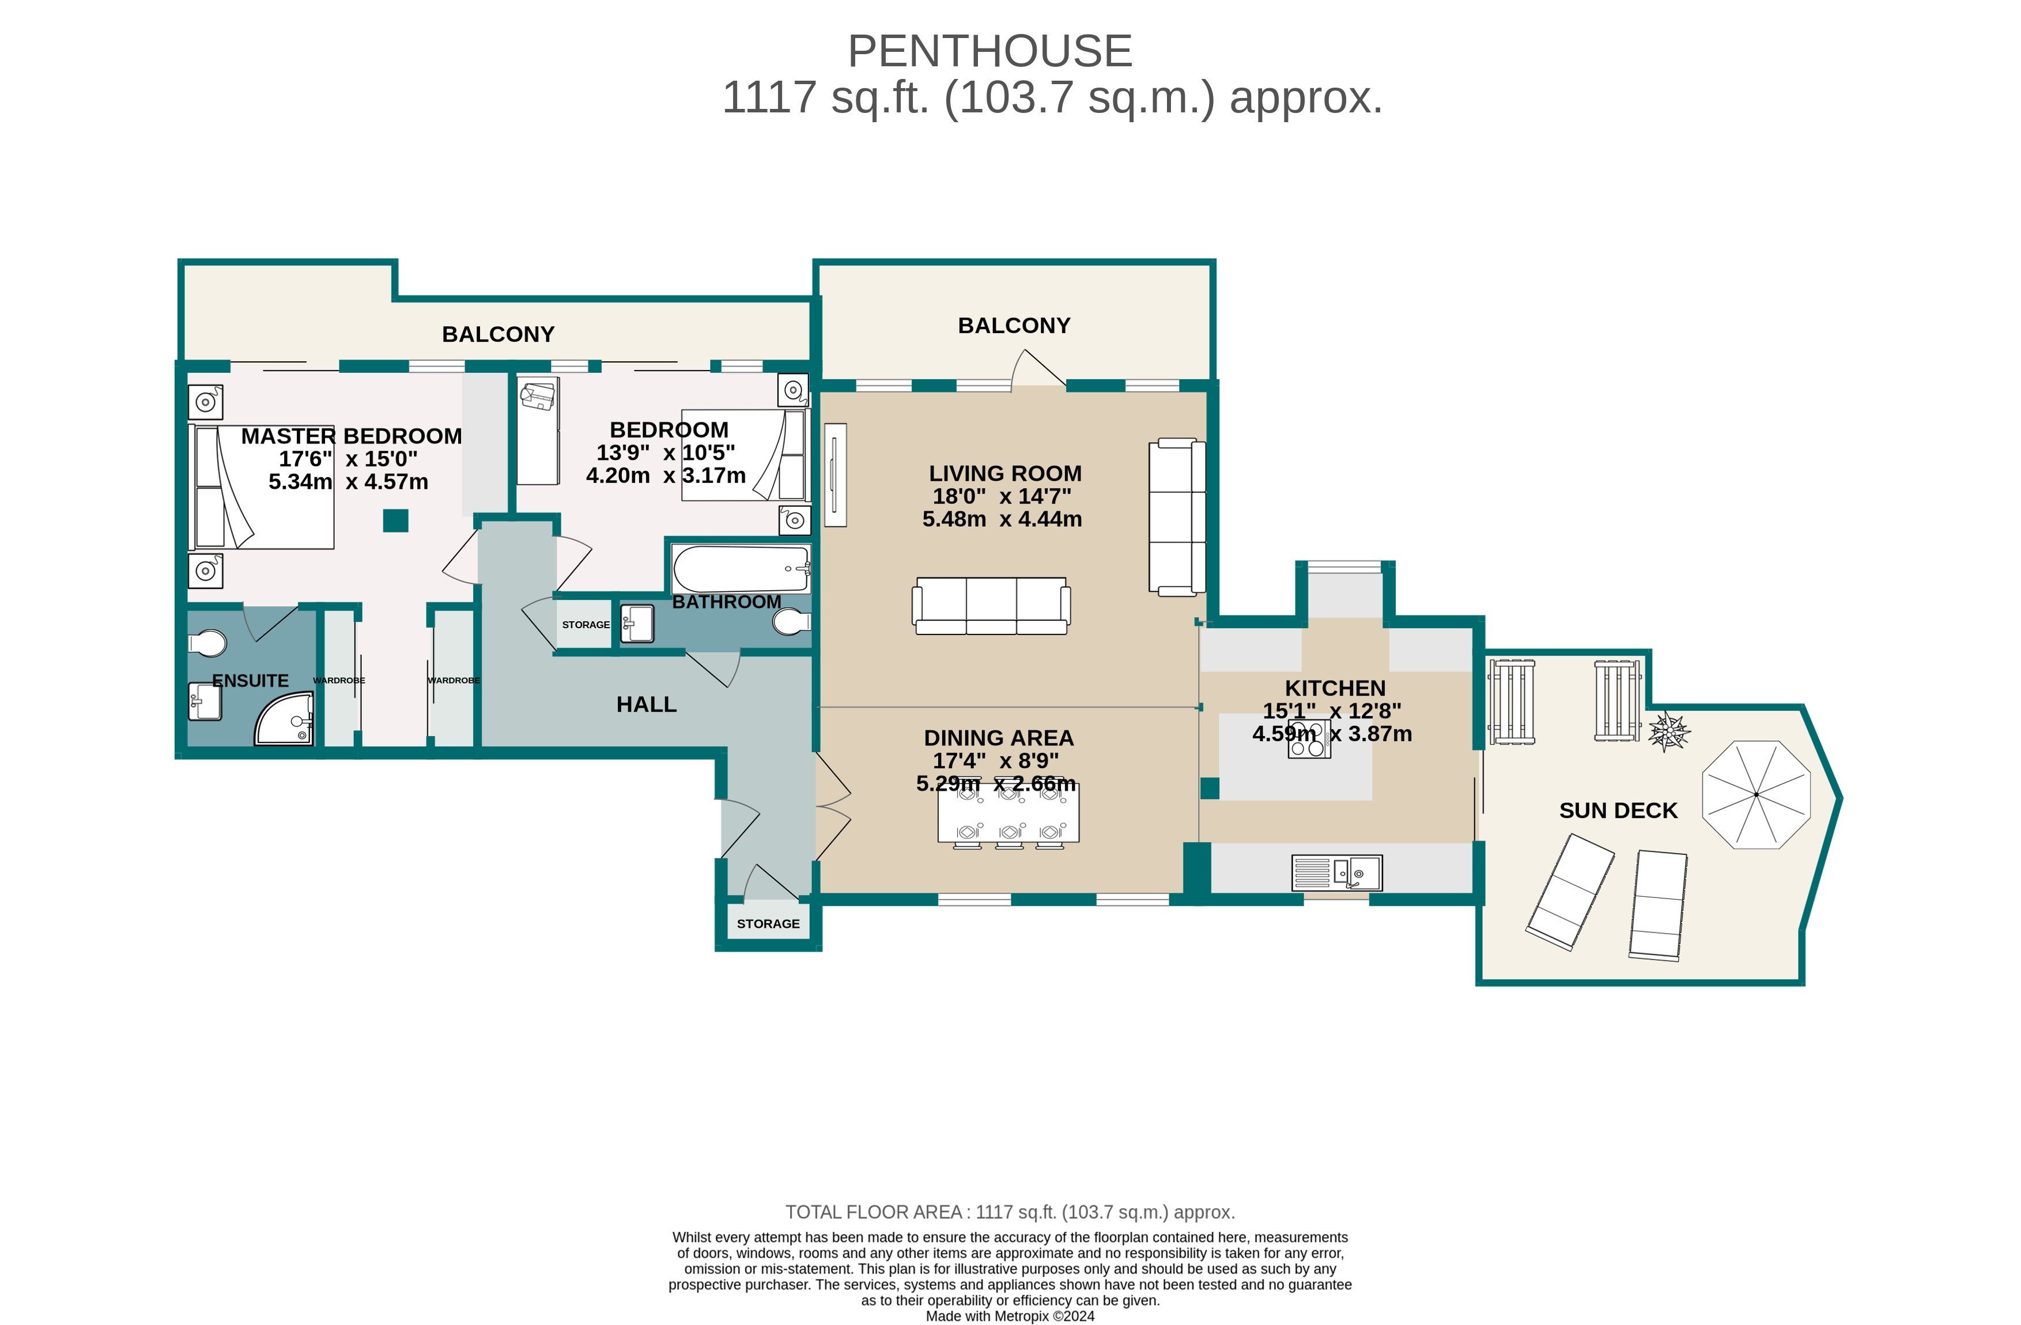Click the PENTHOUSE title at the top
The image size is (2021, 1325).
pos(989,51)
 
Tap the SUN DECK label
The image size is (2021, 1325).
pos(1618,810)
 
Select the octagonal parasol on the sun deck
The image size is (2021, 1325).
pos(1756,794)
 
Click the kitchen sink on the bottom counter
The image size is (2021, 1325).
pos(1336,873)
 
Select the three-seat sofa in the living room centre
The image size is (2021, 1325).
pos(991,606)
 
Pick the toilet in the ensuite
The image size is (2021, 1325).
pos(207,644)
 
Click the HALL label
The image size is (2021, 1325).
pos(646,704)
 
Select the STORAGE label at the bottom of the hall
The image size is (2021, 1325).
pos(768,923)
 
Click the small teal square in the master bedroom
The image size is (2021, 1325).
pos(395,520)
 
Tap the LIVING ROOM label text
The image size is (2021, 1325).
pos(1004,473)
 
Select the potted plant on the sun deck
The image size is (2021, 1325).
pos(1668,730)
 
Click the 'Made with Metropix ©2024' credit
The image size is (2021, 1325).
pos(1010,1316)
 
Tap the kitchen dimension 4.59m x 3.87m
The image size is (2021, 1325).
pos(1331,733)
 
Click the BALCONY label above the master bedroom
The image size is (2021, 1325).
pos(497,334)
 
